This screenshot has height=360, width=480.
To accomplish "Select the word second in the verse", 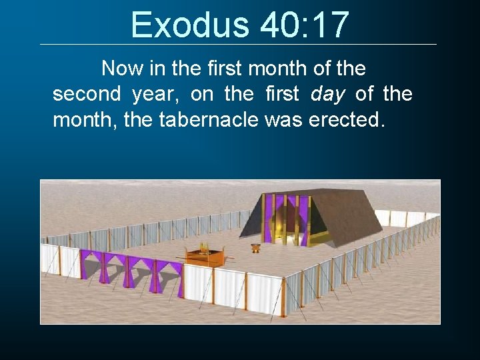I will point(87,94).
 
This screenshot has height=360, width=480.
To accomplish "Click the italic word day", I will point(328,94).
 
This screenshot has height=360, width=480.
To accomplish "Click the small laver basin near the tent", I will point(255,248).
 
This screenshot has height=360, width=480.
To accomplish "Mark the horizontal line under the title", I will point(238,45).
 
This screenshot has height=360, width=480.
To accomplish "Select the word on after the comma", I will point(202,94).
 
